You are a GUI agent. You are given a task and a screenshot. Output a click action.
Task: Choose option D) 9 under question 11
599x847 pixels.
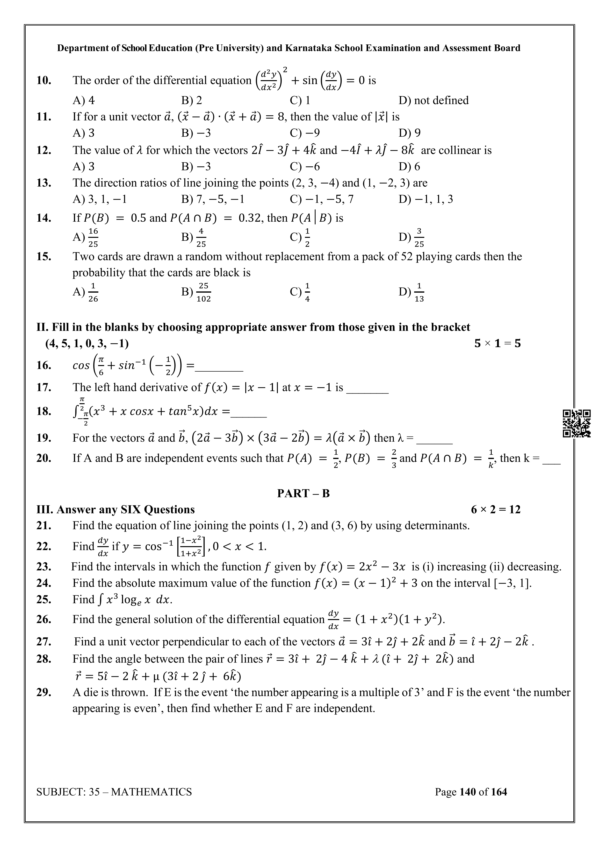[x=409, y=133]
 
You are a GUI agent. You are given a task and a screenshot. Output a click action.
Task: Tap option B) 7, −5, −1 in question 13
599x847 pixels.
[x=213, y=199]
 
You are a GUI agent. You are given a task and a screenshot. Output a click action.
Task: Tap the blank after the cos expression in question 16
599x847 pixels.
[x=219, y=369]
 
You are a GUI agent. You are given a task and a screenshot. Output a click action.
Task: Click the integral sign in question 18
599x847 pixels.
[x=76, y=411]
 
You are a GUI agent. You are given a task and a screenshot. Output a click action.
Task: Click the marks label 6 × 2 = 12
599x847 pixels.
[x=495, y=509]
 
